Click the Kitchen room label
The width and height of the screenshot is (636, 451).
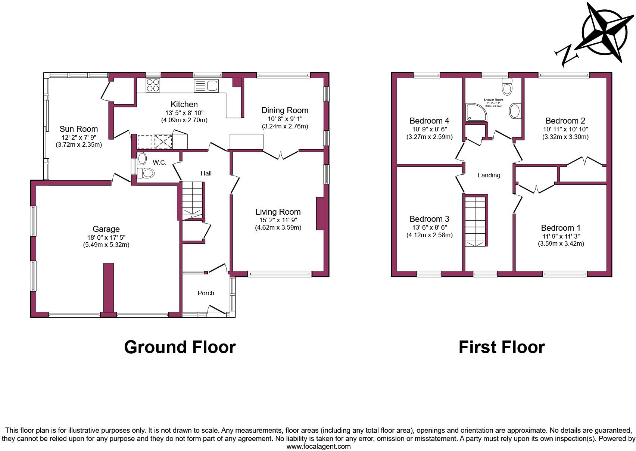184,104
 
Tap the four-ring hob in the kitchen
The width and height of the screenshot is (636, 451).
153,85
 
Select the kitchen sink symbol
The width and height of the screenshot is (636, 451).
206,86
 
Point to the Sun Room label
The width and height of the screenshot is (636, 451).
79,129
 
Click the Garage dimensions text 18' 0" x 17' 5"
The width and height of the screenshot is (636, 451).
106,237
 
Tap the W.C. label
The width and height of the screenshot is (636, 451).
159,162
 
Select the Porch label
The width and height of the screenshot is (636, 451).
206,293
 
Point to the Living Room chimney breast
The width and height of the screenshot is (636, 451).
320,214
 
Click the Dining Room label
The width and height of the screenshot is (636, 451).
284,110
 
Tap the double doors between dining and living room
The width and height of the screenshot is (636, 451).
281,155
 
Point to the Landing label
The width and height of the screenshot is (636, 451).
489,175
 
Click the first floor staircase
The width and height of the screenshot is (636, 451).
476,221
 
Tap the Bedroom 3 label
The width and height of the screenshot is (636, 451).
429,219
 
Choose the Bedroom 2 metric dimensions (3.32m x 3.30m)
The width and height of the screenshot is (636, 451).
565,137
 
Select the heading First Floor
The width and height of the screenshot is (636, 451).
501,347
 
